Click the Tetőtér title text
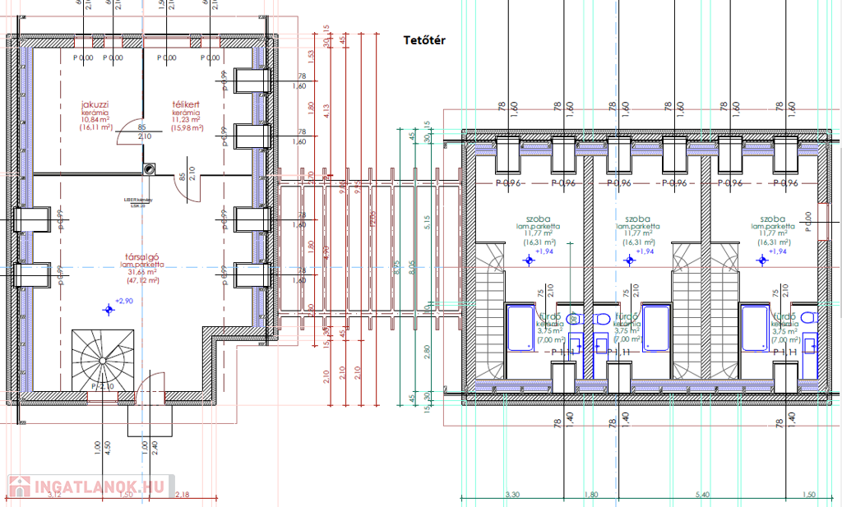click(x=423, y=40)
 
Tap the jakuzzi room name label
click(x=95, y=105)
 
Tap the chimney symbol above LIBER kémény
click(x=149, y=168)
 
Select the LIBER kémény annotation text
click(x=135, y=200)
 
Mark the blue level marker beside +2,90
click(x=108, y=309)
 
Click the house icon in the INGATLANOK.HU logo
click(x=19, y=486)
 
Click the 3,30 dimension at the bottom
click(x=511, y=495)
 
